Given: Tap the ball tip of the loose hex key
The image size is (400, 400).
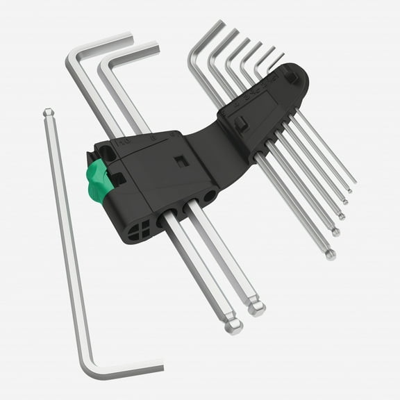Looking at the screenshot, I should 47,112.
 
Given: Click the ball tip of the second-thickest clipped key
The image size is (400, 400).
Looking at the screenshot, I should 258,308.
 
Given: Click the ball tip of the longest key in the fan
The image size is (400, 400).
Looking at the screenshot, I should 331,255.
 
